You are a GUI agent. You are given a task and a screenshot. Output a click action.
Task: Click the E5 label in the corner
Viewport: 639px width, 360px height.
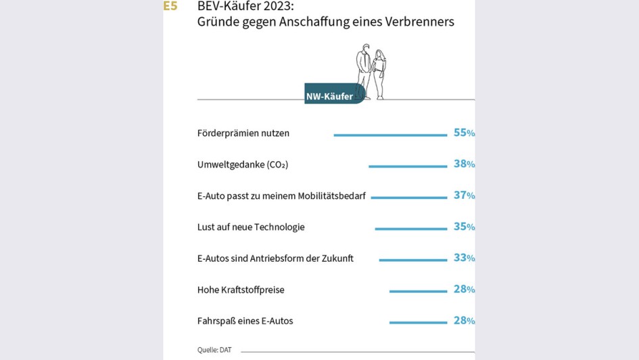[170, 7]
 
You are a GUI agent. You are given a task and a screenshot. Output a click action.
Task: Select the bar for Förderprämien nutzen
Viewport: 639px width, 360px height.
[390, 135]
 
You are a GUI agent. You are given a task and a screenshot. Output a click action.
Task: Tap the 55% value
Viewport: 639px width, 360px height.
[464, 133]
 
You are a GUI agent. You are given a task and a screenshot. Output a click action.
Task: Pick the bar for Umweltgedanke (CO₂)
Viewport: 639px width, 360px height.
[408, 166]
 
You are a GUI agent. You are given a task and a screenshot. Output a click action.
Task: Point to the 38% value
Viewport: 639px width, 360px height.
[464, 164]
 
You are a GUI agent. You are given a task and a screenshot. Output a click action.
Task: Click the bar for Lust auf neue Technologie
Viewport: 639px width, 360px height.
[411, 229]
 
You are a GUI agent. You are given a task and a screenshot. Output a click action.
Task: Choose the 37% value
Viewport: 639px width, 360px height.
[464, 196]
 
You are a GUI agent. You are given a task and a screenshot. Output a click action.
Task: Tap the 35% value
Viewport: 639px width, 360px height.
[464, 227]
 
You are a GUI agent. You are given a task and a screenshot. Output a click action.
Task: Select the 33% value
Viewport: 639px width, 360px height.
[464, 258]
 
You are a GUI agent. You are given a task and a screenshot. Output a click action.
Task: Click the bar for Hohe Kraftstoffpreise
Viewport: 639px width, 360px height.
[418, 292]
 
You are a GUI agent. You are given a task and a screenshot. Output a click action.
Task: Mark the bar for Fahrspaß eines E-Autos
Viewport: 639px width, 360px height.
[418, 323]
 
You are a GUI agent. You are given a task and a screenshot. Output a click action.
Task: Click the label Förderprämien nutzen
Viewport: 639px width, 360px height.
[243, 133]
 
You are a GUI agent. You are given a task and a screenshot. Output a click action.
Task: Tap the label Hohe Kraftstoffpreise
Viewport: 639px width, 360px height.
[241, 290]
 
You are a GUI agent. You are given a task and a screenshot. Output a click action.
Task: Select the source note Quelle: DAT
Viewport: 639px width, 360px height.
[214, 350]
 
